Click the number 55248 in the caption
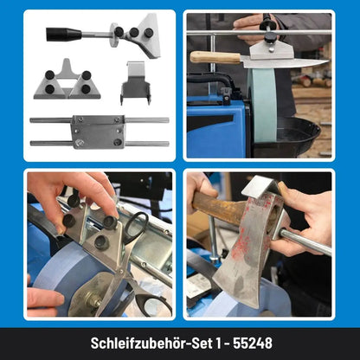253,344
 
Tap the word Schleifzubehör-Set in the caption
151,344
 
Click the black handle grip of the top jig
64,34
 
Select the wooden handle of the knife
215,57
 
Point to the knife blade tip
328,61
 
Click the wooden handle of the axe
219,205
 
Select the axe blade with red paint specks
248,254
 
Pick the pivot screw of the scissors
122,271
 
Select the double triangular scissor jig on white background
67,80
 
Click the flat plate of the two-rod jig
98,132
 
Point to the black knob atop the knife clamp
270,37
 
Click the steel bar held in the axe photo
305,241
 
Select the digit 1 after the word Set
220,344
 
